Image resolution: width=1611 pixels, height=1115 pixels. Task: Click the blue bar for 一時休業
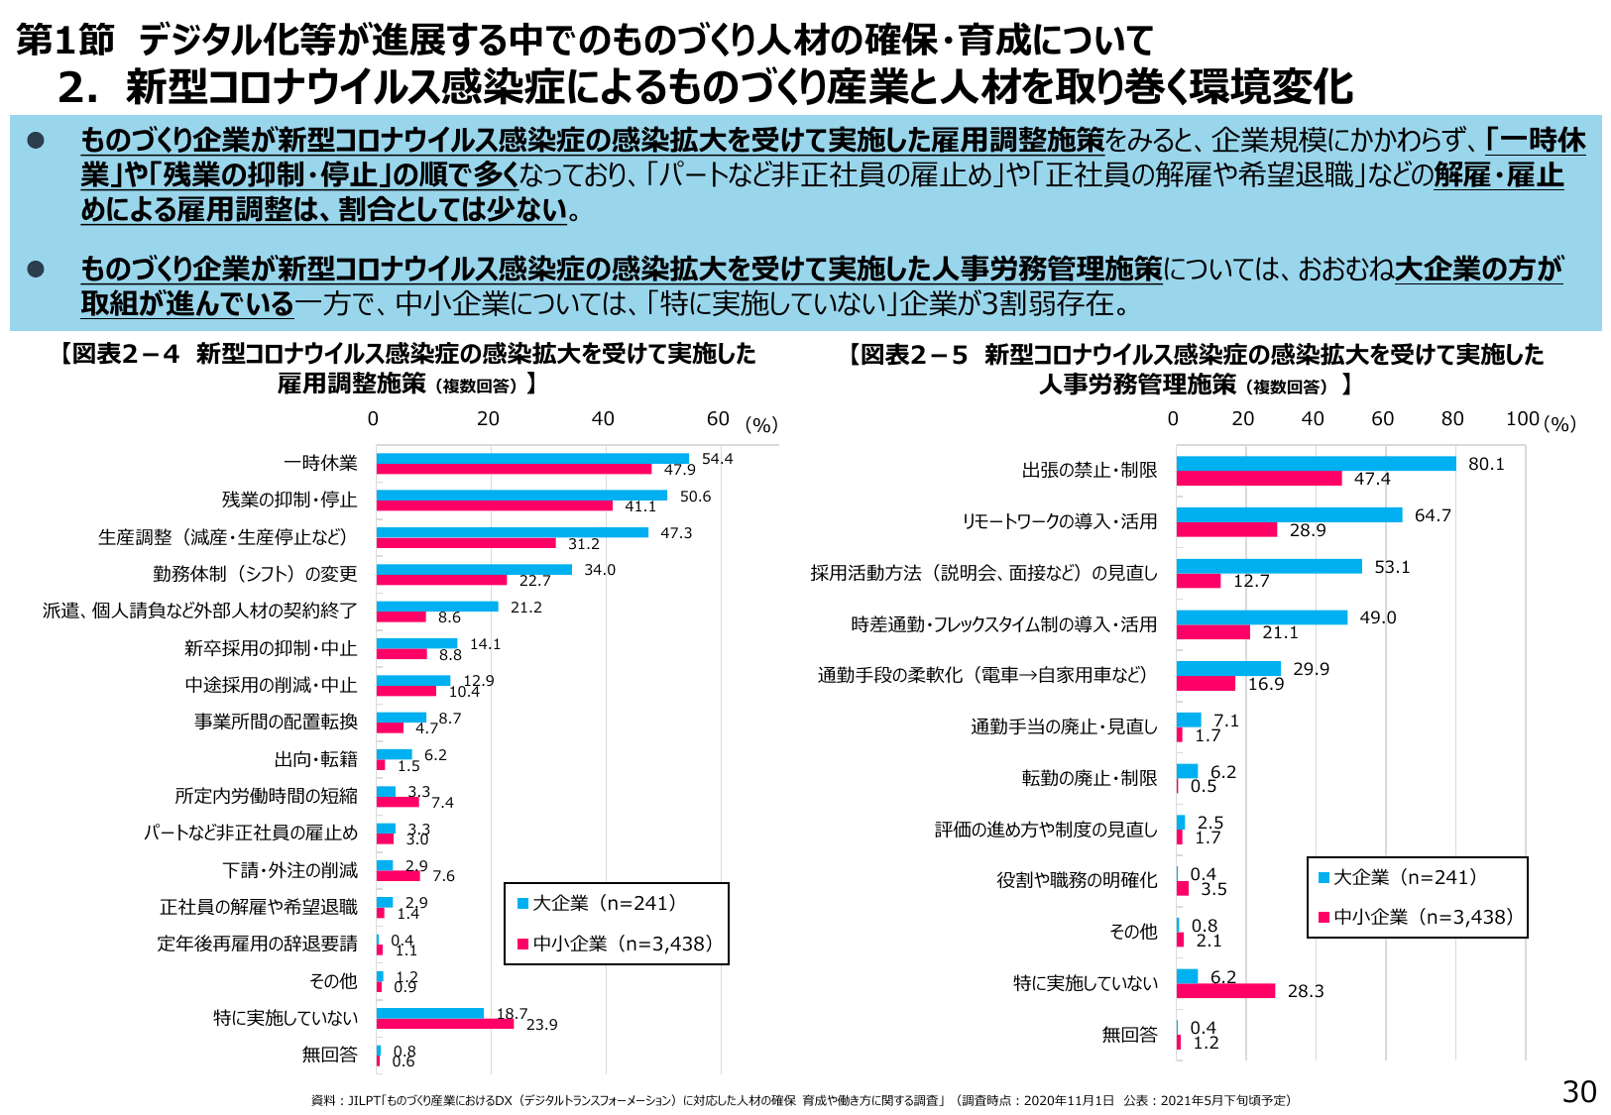click(x=532, y=459)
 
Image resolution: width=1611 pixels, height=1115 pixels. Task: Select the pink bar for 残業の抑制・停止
click(x=494, y=505)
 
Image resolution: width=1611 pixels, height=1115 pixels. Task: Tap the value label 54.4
click(x=717, y=459)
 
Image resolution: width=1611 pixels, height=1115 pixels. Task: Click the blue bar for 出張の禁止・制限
click(x=1316, y=464)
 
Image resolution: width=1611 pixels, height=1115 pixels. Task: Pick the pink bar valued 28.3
click(x=1225, y=991)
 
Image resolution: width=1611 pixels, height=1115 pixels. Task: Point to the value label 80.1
click(x=1486, y=464)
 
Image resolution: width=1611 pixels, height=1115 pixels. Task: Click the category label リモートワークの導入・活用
click(x=1059, y=521)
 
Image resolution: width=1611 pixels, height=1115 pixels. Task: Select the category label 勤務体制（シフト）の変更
click(x=255, y=574)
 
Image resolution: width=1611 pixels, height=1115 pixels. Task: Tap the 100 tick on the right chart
click(x=1522, y=419)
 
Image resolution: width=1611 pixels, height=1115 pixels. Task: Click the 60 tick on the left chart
click(x=718, y=419)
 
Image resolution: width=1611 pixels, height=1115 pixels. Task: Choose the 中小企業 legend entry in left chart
click(x=615, y=944)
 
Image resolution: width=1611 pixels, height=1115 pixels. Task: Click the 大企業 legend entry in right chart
click(x=1397, y=877)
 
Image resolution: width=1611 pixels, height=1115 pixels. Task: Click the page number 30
click(x=1578, y=1091)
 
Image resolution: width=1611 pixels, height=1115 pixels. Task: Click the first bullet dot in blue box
click(x=36, y=141)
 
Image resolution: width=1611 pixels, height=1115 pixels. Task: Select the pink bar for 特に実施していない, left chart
click(x=445, y=1024)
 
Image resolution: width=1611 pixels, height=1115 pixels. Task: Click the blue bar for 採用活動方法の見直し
click(x=1269, y=566)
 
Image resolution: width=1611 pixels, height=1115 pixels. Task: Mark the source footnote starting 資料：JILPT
click(x=800, y=1100)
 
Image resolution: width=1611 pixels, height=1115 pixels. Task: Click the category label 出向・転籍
click(x=315, y=759)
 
